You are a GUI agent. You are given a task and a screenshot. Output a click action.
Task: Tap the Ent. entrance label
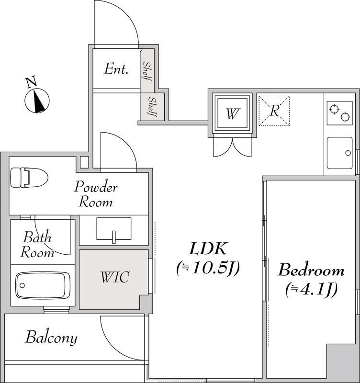point(116,69)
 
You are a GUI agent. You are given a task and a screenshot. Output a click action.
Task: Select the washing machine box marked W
point(232,113)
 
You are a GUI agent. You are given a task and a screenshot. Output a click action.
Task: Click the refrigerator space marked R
point(274,111)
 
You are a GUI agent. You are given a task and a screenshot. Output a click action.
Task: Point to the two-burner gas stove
point(339,113)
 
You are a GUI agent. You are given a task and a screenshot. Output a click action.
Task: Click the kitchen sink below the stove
point(339,154)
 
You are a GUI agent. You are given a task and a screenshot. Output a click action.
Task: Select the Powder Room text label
point(95,194)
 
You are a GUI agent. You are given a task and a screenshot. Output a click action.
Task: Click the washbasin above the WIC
point(113,228)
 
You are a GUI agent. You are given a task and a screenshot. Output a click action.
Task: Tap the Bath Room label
point(38,244)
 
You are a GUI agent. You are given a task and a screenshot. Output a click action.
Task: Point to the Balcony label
point(51,338)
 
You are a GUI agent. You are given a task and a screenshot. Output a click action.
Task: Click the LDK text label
point(208,248)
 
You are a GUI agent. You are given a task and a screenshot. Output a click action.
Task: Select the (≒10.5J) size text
point(208,268)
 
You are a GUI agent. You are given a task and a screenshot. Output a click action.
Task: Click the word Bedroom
point(311,270)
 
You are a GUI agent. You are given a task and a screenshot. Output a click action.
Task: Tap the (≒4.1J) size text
point(311,289)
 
